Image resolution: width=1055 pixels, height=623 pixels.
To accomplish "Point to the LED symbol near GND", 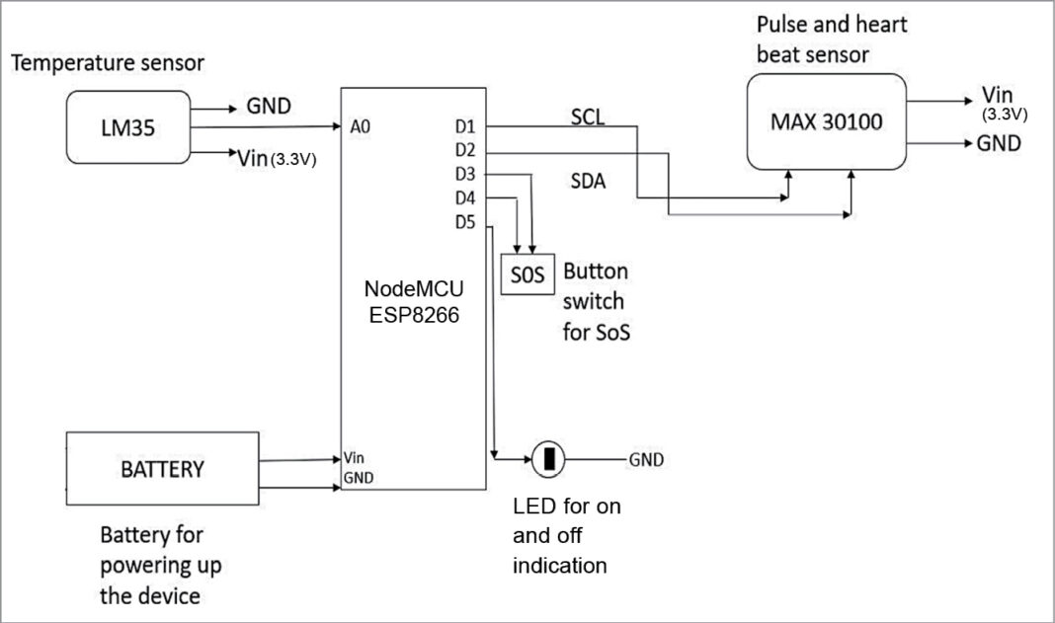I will tap(548, 458).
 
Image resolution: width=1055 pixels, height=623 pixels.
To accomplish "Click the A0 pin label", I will tap(360, 126).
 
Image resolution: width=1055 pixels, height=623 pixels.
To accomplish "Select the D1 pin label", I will tap(465, 126).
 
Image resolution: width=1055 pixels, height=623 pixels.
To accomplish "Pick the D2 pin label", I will tap(465, 150).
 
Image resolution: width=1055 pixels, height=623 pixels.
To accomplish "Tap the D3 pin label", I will tap(465, 174).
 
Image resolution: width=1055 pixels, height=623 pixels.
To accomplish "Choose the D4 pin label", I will tap(465, 197).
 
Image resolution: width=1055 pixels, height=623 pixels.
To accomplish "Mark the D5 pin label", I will tap(465, 221).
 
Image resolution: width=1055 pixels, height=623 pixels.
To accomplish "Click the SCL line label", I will tap(588, 117).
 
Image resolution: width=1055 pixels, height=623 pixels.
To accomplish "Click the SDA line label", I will tap(588, 183).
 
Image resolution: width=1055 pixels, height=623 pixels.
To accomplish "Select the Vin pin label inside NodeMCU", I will tap(355, 458).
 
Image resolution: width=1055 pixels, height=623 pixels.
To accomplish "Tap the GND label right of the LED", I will tap(646, 459).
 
